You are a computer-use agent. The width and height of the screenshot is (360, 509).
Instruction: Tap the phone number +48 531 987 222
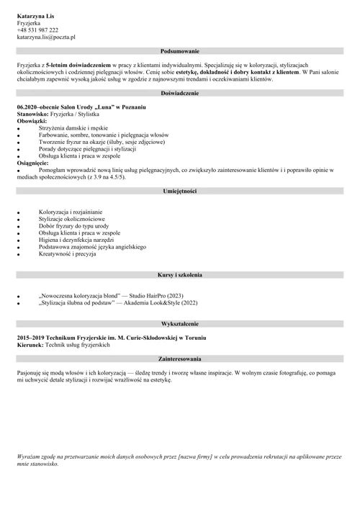tap(37, 30)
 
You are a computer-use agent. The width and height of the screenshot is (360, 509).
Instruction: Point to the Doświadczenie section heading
tap(181, 94)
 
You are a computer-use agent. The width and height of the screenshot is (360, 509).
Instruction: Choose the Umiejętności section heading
tap(181, 192)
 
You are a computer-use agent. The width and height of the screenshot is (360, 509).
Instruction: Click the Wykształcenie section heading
tap(181, 325)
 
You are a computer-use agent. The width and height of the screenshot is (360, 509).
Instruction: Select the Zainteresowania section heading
tap(181, 359)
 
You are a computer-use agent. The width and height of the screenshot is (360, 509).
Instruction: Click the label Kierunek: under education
tap(30, 346)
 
